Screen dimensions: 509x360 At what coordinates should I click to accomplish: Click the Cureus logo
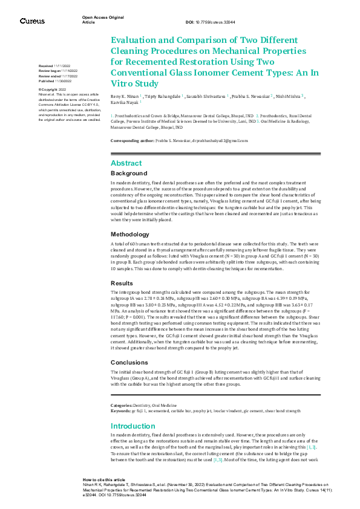point(32,21)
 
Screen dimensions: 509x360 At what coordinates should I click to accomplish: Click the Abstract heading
point(126,163)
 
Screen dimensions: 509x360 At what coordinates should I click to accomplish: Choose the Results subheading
point(123,283)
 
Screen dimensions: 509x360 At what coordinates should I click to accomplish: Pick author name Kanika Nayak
point(125,103)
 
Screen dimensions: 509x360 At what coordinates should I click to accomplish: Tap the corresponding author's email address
point(220,140)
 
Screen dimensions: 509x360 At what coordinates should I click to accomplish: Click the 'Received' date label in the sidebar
point(46,65)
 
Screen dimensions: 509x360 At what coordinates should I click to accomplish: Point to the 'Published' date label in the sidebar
point(47,80)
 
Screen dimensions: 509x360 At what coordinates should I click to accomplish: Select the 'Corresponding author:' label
point(134,140)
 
